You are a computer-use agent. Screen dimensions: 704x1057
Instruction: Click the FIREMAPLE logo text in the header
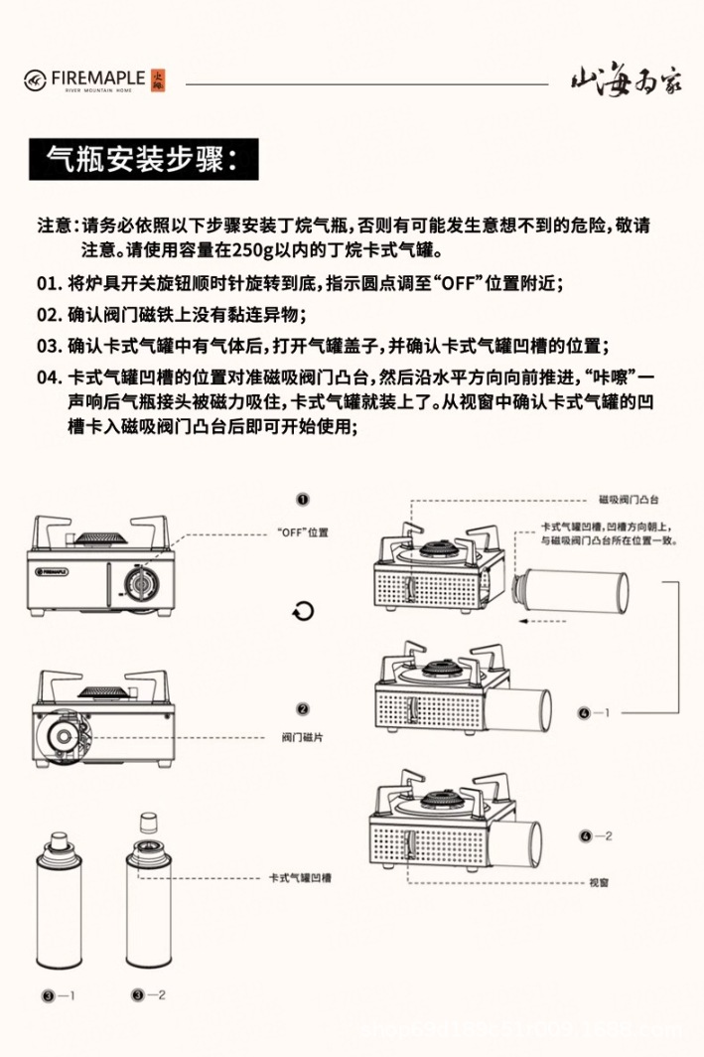[x=97, y=76]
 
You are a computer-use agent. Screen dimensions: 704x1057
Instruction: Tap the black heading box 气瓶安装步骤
[x=143, y=159]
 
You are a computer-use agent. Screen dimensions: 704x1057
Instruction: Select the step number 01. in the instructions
[x=50, y=283]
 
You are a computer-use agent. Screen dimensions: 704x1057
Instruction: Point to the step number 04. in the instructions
[x=50, y=378]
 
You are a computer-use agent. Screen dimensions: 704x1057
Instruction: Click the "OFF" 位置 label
[x=302, y=532]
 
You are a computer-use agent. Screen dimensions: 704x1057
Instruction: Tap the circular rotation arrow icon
[x=304, y=610]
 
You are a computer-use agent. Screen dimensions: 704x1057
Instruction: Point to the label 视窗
[x=598, y=880]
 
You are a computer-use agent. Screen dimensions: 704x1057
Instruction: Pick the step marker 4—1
[x=596, y=712]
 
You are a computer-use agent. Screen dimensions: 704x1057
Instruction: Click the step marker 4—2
[x=596, y=835]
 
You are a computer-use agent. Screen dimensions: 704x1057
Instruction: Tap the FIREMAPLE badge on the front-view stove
[x=63, y=571]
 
